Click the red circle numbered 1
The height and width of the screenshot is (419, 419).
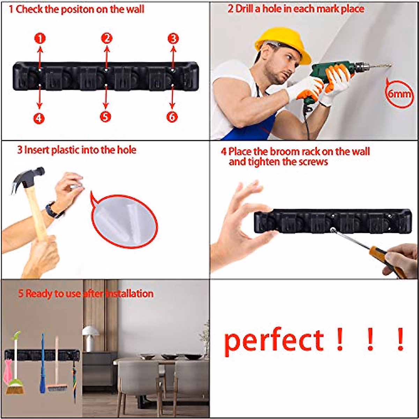coord(40,38)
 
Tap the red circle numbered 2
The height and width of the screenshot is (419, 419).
coord(106,38)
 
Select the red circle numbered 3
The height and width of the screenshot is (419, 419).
coord(173,38)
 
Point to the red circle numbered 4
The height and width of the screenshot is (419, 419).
coord(39,118)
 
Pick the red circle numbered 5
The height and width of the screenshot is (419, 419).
coord(105,117)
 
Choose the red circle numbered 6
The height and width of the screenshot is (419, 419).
coord(172,117)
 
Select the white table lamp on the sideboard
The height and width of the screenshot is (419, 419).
coord(90,337)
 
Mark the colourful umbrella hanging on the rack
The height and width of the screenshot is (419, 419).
coord(74,381)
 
